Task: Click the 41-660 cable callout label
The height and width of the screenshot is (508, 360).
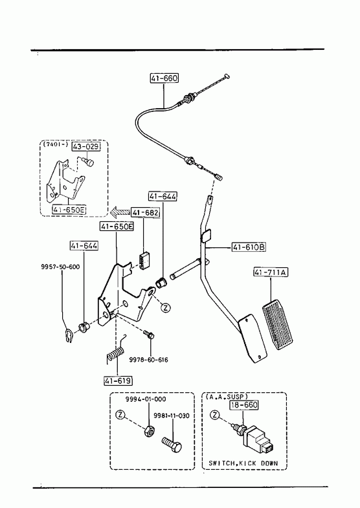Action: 164,78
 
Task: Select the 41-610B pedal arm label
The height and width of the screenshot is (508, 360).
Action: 249,247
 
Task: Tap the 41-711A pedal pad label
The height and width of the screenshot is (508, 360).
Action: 271,272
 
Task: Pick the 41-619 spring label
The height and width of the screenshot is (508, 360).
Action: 118,381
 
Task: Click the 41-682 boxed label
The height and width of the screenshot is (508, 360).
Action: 146,212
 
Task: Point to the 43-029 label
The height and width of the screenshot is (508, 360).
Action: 86,146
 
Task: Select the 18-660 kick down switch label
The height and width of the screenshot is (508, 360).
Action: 244,404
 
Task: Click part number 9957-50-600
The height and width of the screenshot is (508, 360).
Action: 60,267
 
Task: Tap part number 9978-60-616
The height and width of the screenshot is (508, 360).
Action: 149,360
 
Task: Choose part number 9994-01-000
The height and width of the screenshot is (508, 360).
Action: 146,399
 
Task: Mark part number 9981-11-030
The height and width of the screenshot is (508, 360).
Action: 172,415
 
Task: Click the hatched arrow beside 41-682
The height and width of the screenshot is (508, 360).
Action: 120,212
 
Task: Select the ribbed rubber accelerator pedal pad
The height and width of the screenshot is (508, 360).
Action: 277,325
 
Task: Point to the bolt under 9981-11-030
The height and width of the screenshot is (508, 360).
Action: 172,445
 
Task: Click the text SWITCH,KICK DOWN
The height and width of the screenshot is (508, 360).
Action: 243,463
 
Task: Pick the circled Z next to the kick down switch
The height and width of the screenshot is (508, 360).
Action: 216,415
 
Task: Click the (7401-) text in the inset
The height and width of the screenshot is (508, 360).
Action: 55,145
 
